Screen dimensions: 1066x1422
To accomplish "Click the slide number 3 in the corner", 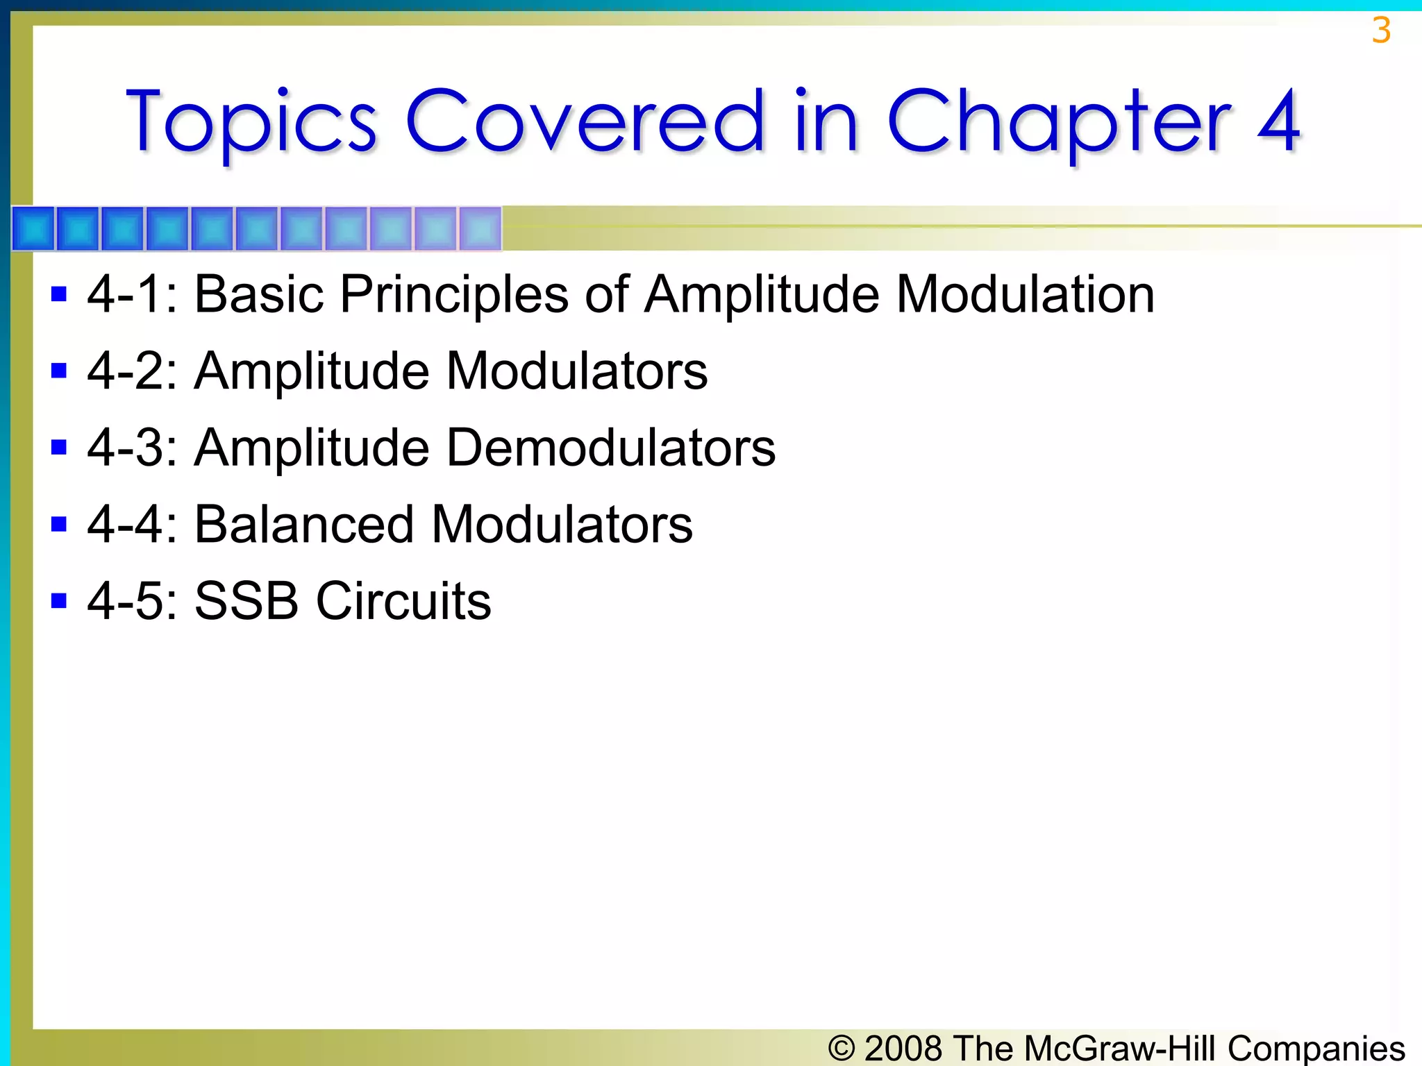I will pyautogui.click(x=1381, y=31).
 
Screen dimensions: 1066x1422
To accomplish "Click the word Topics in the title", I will pyautogui.click(x=251, y=122).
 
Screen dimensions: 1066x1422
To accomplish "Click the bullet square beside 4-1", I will pyautogui.click(x=59, y=294).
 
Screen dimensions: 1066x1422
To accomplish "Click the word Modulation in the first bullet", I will pyautogui.click(x=1025, y=294).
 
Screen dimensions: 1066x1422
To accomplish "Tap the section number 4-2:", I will pyautogui.click(x=133, y=371).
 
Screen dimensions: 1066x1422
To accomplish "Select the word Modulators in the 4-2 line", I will pyautogui.click(x=576, y=371).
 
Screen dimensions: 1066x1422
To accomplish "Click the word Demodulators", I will pyautogui.click(x=610, y=448).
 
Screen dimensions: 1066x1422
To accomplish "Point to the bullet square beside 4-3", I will pyautogui.click(x=59, y=447).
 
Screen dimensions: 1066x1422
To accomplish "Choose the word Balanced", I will pyautogui.click(x=304, y=524).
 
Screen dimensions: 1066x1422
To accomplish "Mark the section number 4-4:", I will pyautogui.click(x=133, y=524).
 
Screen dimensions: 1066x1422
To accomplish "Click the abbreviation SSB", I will pyautogui.click(x=246, y=601).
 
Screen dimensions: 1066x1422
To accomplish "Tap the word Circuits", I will pyautogui.click(x=403, y=601).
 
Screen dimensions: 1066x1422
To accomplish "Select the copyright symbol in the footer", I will pyautogui.click(x=842, y=1048).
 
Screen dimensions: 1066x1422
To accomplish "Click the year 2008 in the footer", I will pyautogui.click(x=904, y=1048).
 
